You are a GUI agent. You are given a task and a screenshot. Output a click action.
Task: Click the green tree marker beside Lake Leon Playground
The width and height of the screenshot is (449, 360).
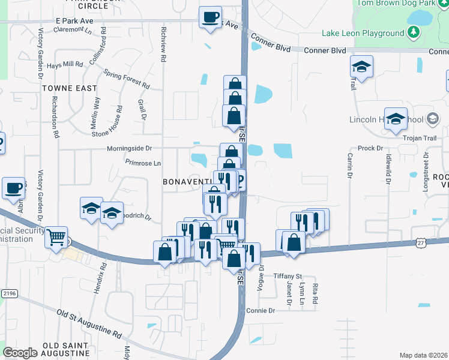point(414,31)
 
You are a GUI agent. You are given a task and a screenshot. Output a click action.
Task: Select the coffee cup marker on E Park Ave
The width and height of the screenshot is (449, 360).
point(210,17)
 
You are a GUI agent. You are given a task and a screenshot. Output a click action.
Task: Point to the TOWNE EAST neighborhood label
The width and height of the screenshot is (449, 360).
point(70,88)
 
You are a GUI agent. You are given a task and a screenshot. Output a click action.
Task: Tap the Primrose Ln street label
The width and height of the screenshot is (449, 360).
point(143,163)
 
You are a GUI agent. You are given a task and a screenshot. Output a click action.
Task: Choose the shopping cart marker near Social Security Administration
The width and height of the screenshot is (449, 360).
point(56,237)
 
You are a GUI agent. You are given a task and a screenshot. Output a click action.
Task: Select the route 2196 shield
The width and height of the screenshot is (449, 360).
point(8,293)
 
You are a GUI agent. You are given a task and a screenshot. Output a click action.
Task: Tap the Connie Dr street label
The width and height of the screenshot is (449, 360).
point(260,311)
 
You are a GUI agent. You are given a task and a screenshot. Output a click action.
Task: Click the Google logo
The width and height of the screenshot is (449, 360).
point(20,353)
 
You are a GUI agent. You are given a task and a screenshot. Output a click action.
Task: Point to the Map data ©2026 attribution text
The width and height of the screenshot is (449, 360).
point(423,355)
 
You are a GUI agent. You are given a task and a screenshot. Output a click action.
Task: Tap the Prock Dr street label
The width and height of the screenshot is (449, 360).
point(370,148)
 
